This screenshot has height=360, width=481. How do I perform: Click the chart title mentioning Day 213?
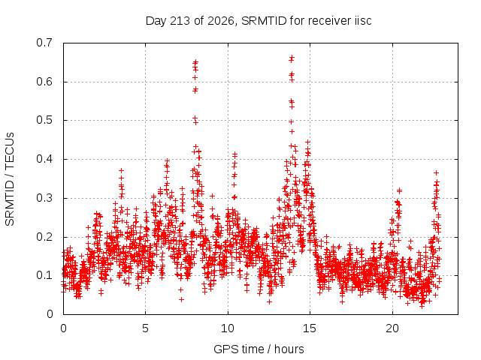point(259,21)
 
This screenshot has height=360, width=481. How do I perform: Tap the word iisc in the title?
point(363,21)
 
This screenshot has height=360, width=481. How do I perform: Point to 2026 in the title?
point(221,21)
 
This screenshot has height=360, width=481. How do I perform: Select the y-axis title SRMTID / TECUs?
point(10,179)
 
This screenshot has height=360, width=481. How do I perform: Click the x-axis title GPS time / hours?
point(259,349)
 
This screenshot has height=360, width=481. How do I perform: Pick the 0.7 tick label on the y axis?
point(44,43)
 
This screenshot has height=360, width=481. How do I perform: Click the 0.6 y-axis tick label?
point(44,82)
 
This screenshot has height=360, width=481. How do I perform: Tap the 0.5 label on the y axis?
point(44,120)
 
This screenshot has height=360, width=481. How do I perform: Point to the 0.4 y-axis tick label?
point(44,159)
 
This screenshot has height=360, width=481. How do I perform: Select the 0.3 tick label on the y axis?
point(44,198)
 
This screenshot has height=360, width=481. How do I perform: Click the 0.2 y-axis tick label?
point(44,237)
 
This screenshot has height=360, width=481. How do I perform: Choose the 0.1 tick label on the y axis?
point(44,275)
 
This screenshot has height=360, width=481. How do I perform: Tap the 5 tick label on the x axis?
point(145,328)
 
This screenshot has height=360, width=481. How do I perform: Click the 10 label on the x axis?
point(228,328)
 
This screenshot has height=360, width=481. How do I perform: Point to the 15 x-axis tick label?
point(310,328)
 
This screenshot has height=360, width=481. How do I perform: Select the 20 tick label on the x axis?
point(392,328)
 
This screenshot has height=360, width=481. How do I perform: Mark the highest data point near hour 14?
point(292,57)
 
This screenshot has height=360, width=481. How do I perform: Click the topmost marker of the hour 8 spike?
point(195,61)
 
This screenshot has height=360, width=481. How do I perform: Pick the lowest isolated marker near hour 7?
point(181,299)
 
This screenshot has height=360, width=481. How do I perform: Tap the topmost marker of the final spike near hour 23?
point(436,173)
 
